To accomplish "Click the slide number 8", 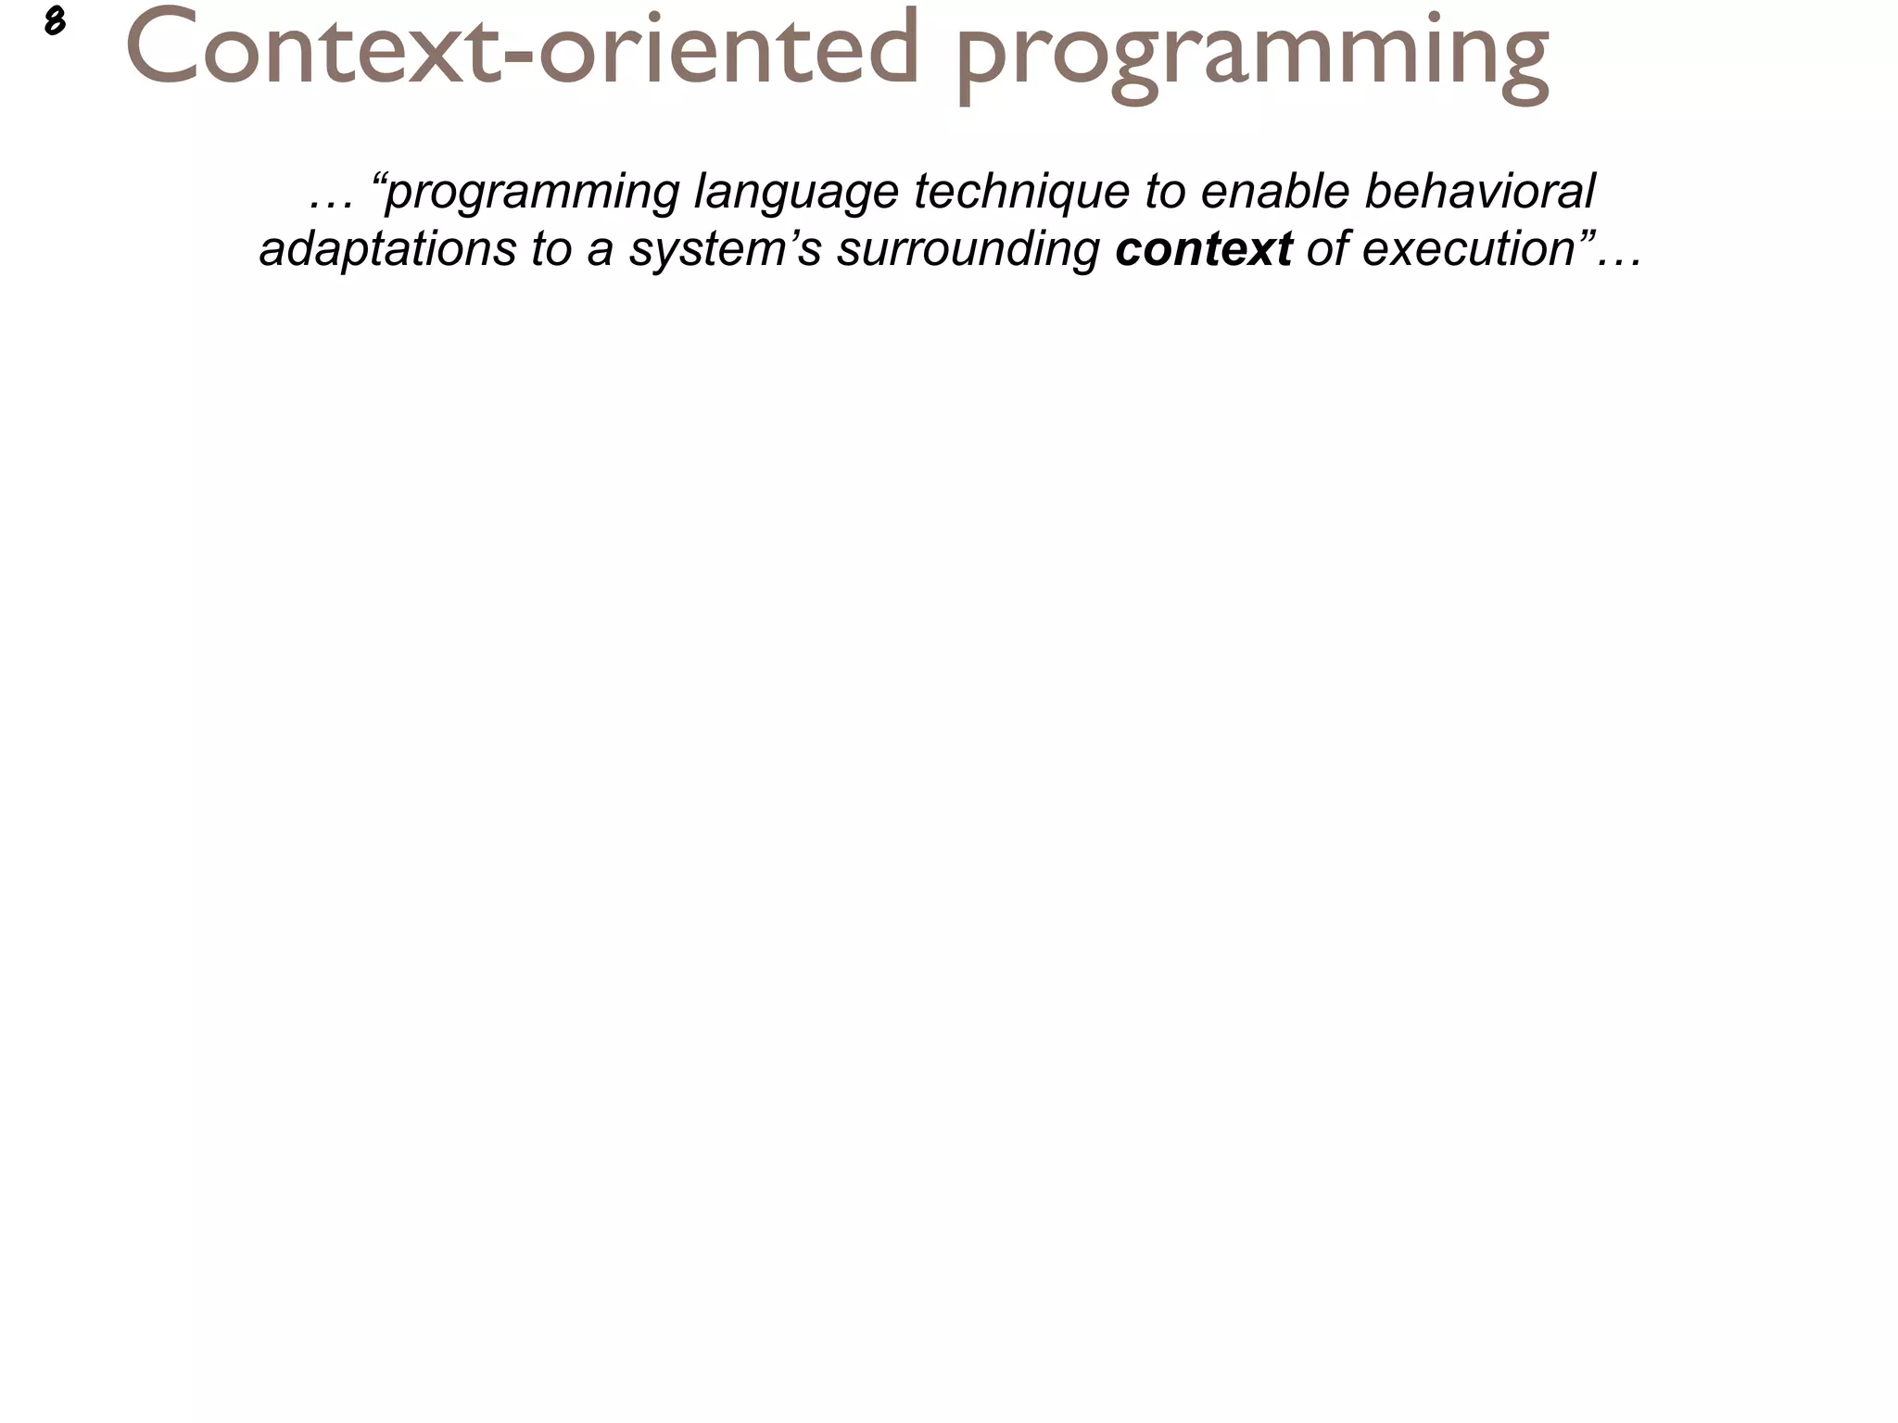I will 54,21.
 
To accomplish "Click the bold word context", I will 1203,248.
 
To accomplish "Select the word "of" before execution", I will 1326,248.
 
